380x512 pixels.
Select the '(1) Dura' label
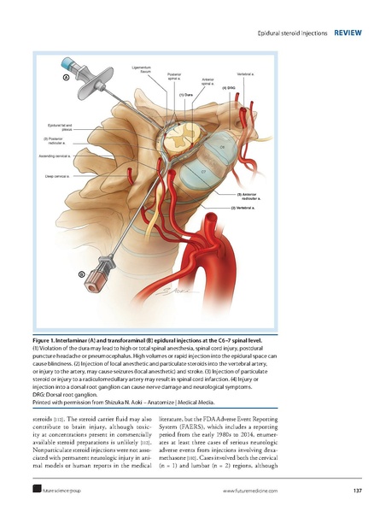tap(186, 94)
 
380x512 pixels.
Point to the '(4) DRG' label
tap(229, 88)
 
